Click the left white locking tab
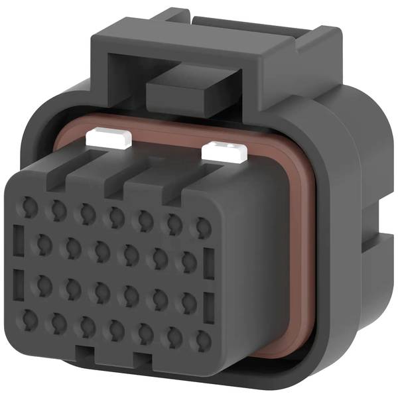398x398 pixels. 109,139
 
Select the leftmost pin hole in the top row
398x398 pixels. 29,207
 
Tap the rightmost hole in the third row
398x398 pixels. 187,297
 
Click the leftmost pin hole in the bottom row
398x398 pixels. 29,318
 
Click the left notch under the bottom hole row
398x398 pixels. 83,352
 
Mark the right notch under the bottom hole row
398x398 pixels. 143,359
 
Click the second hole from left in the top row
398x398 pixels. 58,210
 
